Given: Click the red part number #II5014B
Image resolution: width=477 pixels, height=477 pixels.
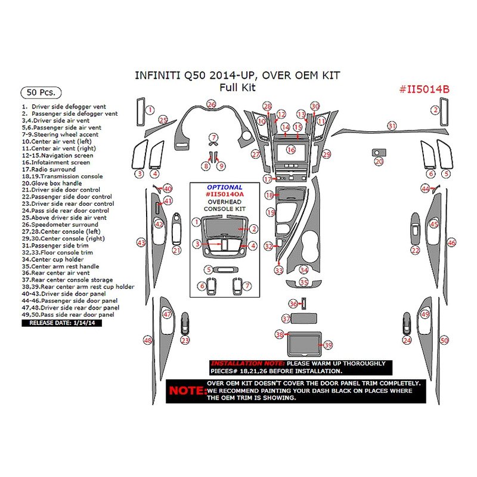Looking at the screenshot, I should pyautogui.click(x=424, y=89).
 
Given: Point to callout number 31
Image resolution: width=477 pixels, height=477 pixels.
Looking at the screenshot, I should pyautogui.click(x=392, y=126).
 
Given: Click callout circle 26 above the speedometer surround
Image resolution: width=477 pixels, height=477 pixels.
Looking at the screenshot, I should pyautogui.click(x=211, y=104).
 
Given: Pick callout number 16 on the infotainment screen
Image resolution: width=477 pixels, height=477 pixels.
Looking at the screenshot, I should pyautogui.click(x=290, y=150).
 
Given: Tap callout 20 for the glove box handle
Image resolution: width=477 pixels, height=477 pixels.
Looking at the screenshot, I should pyautogui.click(x=379, y=161).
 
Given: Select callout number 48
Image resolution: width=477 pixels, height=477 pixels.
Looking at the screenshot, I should pyautogui.click(x=147, y=340).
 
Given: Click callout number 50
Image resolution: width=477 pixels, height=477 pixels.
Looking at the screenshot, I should pyautogui.click(x=444, y=340).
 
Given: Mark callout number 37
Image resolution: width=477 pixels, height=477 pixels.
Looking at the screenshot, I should pyautogui.click(x=287, y=319).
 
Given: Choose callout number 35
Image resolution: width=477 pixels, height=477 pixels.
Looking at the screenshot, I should pyautogui.click(x=304, y=282).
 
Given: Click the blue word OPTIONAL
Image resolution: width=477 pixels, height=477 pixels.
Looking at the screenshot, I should pyautogui.click(x=224, y=187).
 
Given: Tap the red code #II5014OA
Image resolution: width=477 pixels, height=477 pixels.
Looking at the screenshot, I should pyautogui.click(x=224, y=194).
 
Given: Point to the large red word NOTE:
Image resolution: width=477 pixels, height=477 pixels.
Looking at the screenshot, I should pyautogui.click(x=185, y=391).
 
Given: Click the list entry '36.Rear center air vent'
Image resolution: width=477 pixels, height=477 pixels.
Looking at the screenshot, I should pyautogui.click(x=57, y=273).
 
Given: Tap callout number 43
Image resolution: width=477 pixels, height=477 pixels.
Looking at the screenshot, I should pyautogui.click(x=141, y=243).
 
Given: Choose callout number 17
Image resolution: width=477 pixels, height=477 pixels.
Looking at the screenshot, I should pyautogui.click(x=268, y=179).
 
